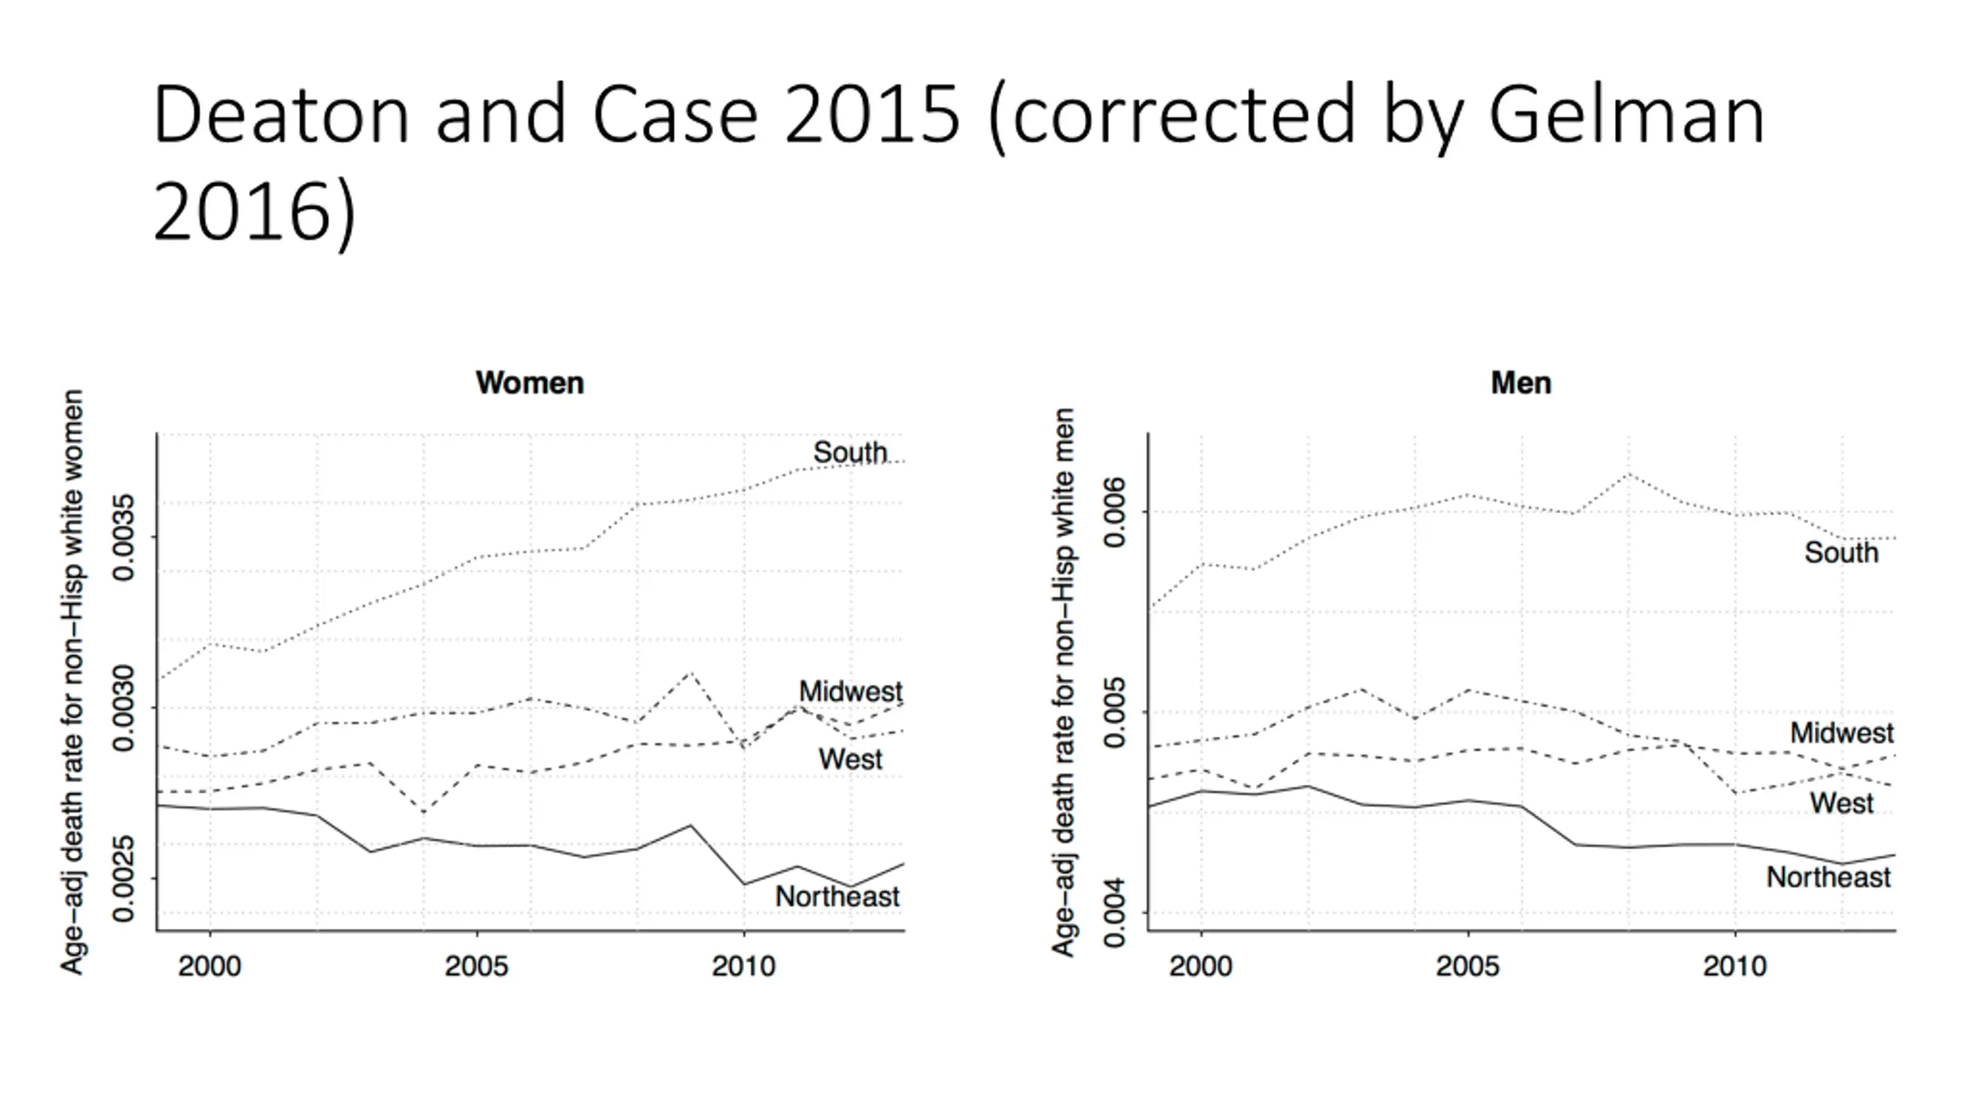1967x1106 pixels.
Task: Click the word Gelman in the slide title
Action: tap(1626, 115)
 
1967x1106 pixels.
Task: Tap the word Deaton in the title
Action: tap(280, 115)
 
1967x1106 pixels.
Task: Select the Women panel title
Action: tap(529, 382)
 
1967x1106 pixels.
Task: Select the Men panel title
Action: tap(1521, 382)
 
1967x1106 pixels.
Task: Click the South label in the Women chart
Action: tap(850, 452)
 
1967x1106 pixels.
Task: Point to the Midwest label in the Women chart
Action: tap(851, 691)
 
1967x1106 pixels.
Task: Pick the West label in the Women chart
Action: tap(851, 759)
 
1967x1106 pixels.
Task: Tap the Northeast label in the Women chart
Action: tap(837, 896)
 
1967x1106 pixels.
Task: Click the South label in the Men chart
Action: tap(1841, 552)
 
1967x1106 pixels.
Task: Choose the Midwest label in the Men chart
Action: tap(1842, 733)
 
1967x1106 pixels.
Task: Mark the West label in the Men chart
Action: tap(1842, 803)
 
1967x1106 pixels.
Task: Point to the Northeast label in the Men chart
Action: tap(1828, 877)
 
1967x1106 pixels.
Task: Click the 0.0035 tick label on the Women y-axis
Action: tap(123, 537)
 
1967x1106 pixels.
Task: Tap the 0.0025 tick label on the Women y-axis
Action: tap(123, 879)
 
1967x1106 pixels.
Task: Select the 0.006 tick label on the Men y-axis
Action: tap(1114, 512)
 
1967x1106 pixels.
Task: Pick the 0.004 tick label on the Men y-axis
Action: tap(1114, 913)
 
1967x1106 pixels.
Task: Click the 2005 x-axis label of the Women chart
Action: tap(476, 966)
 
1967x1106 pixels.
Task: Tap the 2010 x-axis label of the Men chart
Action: tap(1735, 966)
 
